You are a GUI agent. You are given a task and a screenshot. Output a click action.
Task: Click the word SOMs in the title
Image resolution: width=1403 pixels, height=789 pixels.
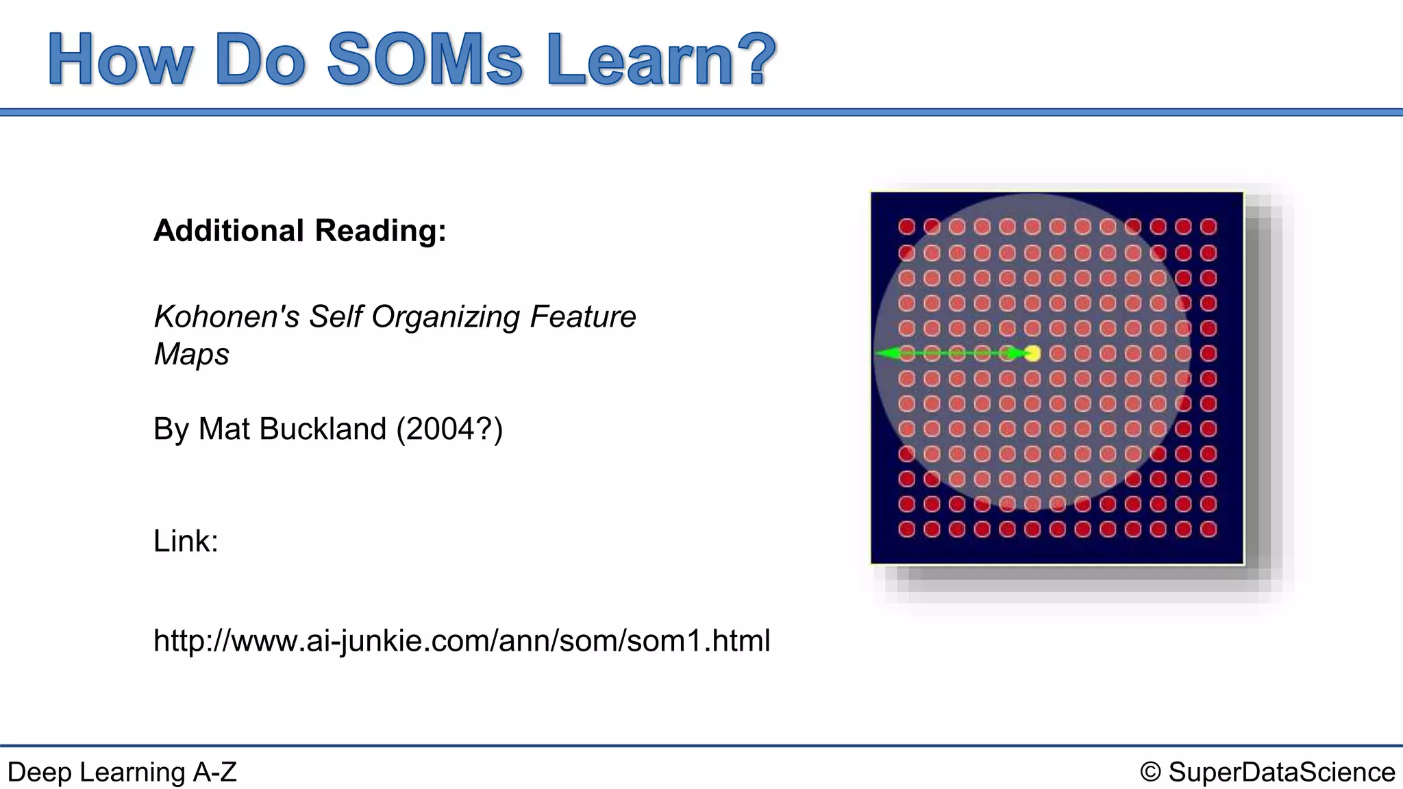425,60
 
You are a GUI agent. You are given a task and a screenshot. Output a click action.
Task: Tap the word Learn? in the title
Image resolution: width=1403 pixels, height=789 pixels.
661,60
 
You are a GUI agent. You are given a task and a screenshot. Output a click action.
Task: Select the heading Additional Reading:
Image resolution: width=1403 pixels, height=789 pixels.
300,231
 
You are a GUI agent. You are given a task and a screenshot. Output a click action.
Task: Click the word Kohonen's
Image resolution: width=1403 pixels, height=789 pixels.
227,317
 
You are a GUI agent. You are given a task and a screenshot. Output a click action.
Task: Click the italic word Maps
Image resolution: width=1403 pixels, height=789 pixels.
192,355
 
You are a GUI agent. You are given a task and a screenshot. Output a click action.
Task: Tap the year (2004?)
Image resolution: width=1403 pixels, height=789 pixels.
449,429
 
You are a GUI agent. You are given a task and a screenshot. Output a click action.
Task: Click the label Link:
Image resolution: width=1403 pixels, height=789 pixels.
186,541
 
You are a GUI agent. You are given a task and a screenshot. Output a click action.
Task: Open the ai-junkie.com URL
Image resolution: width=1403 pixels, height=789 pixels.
462,641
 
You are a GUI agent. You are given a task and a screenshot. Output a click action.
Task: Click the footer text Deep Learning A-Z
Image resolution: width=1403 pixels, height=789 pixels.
122,773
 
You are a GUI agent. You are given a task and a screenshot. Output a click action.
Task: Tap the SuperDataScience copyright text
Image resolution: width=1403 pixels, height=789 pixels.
1267,773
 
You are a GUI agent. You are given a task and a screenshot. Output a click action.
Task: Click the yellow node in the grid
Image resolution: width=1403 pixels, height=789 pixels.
1032,353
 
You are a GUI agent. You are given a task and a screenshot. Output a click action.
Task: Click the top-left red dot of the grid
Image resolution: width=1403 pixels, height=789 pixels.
906,227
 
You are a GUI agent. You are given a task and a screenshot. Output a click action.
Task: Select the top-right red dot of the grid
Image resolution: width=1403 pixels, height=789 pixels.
1208,227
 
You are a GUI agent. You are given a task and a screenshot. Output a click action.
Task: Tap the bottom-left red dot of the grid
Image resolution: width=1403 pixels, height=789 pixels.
906,529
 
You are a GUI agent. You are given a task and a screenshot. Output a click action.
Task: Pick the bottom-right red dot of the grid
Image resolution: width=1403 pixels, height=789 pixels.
1208,529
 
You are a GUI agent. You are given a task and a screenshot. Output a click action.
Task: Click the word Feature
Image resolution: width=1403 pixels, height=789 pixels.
583,317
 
